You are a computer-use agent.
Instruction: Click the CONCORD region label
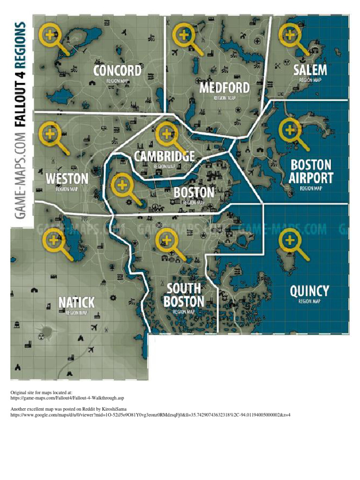point(117,71)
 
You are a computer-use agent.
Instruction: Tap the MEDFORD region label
point(225,88)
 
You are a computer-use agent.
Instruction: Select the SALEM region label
point(310,70)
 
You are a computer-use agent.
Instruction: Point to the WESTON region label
point(67,179)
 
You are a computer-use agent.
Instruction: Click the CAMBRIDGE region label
point(164,156)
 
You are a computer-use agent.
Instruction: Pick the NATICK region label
point(76,302)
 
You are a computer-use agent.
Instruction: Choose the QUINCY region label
point(309,291)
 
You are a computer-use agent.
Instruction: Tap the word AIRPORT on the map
point(311,178)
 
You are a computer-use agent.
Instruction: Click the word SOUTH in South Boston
point(184,288)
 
